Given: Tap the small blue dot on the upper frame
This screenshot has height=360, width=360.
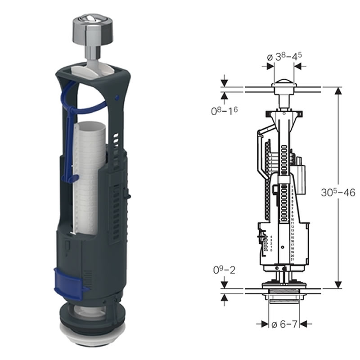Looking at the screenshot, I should pos(116,96).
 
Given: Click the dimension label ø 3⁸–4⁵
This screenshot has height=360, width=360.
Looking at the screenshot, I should pos(284,57).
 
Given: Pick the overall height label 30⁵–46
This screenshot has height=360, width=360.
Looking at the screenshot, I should pos(337,193).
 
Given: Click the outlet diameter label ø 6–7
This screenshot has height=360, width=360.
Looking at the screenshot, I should pos(284,323).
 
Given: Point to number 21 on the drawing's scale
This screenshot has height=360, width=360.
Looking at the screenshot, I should pos(292,260).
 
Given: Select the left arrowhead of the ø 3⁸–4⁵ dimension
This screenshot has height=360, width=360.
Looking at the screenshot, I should pos(270,66).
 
